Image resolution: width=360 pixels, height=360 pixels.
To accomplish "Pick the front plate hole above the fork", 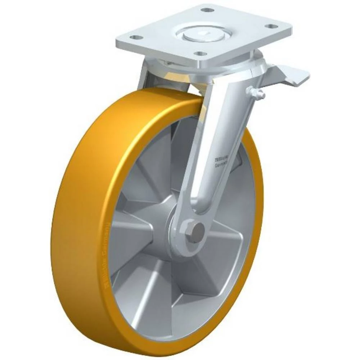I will (198, 54).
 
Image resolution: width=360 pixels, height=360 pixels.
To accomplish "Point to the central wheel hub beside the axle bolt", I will (164, 230).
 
